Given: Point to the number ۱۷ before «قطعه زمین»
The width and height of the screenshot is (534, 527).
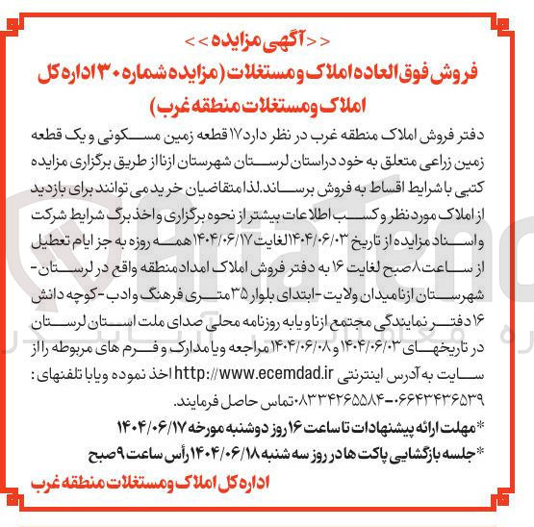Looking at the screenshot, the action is coord(324,132).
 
